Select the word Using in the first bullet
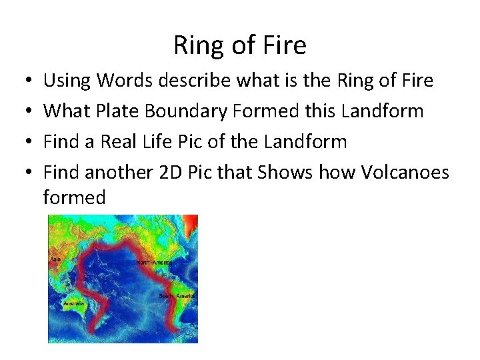pos(67,81)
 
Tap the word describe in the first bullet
pos(189,81)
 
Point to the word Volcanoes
pos(405,172)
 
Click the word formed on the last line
pos(74,197)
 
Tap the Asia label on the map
pos(55,259)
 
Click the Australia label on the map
pos(73,303)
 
